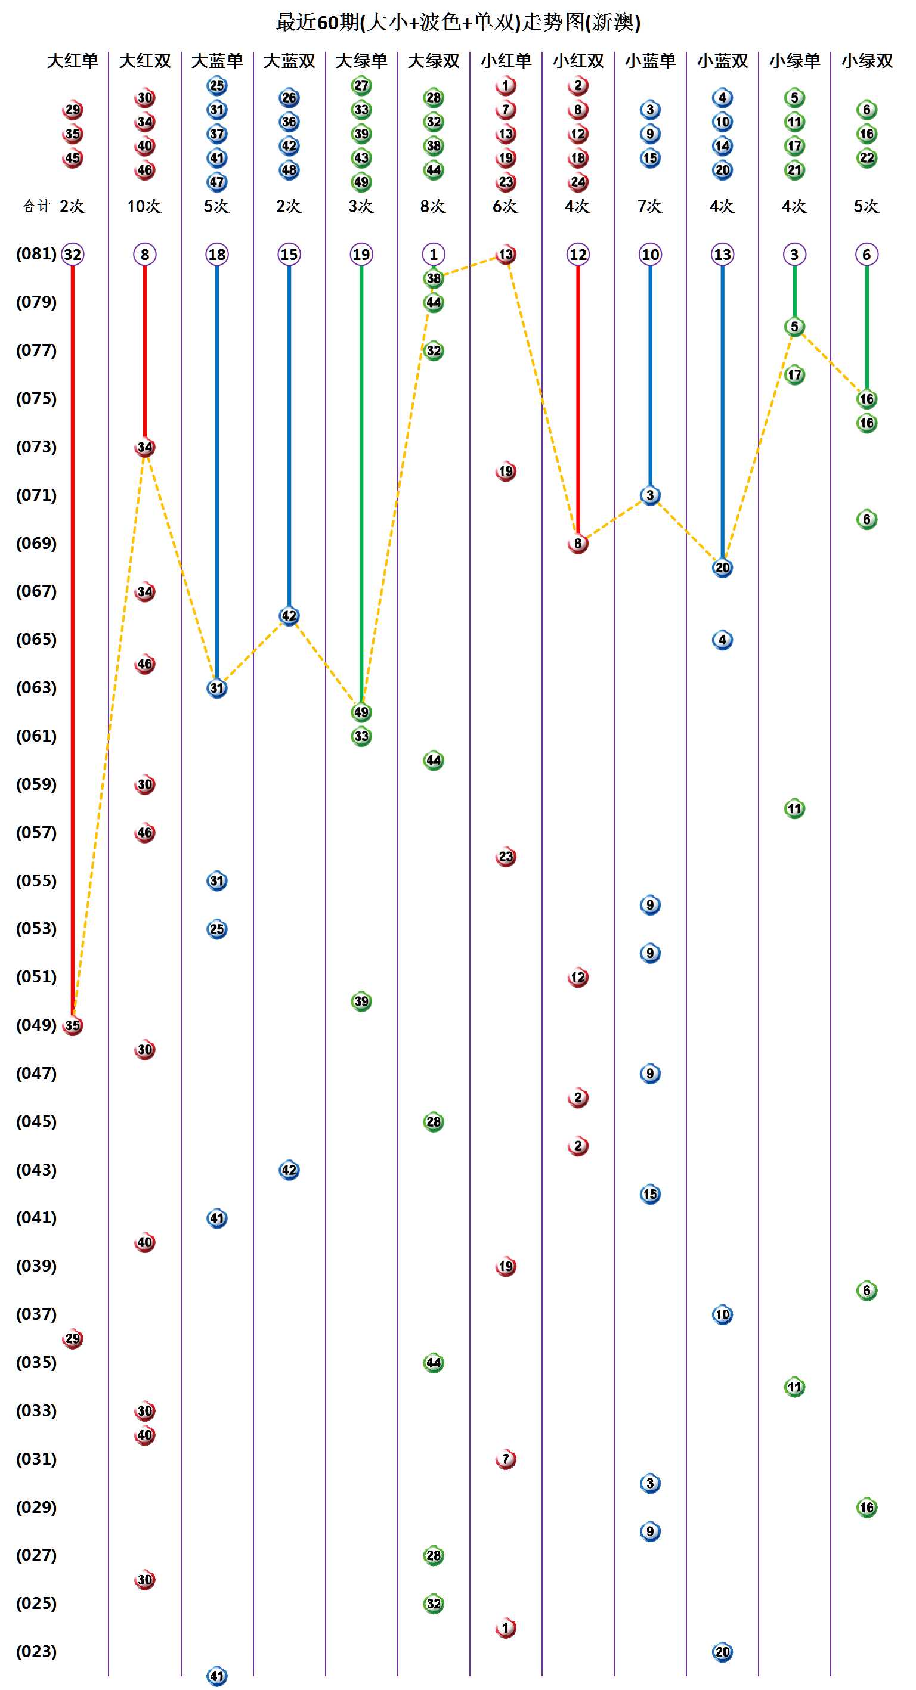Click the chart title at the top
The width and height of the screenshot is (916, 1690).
(x=458, y=22)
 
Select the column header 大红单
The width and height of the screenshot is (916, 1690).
(x=72, y=61)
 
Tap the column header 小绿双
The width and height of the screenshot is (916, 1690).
(x=867, y=61)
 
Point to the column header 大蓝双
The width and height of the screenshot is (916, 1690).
(x=289, y=61)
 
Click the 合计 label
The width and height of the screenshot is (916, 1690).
(x=36, y=206)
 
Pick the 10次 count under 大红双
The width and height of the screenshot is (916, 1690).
(x=144, y=206)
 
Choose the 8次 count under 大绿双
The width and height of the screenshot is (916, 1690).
(x=433, y=206)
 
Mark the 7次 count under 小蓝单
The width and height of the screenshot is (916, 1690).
(x=649, y=206)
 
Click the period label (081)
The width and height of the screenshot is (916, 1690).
(x=36, y=254)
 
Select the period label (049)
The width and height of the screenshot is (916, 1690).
(x=36, y=1025)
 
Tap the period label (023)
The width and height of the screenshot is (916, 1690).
(x=36, y=1651)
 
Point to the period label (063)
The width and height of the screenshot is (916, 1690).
(x=36, y=687)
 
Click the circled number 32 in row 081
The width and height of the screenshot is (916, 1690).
(x=72, y=255)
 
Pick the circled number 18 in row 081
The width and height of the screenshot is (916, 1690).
(x=216, y=255)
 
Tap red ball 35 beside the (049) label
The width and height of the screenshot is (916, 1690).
(x=72, y=1025)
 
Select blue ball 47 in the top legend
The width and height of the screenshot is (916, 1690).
(x=216, y=182)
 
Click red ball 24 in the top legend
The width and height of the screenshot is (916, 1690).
(x=577, y=182)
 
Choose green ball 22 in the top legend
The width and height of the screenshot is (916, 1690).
(x=867, y=158)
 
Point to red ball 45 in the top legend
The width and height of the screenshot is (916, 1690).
(x=72, y=158)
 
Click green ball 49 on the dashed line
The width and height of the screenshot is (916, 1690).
(x=361, y=712)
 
